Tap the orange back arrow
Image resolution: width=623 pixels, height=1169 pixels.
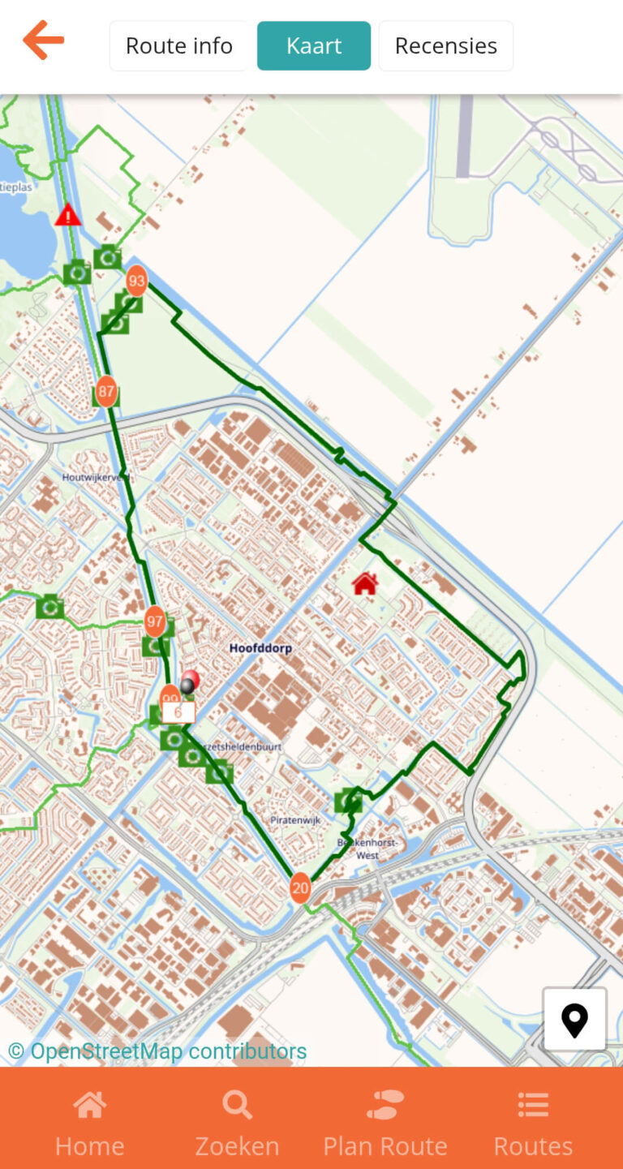tap(43, 40)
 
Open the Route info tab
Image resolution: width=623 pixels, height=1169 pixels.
tap(179, 45)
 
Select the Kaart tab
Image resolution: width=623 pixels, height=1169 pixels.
tap(314, 45)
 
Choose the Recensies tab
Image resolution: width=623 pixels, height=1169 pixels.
tap(445, 45)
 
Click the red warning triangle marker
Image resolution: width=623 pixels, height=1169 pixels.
tap(68, 215)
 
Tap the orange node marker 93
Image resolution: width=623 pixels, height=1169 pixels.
tap(136, 281)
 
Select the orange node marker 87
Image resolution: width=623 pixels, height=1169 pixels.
tap(106, 391)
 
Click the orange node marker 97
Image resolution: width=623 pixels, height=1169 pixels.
tap(155, 621)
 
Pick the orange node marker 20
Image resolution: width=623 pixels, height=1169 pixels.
tap(300, 887)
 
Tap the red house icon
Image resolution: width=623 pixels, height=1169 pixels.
tap(365, 582)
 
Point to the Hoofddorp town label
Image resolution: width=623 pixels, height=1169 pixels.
tap(260, 648)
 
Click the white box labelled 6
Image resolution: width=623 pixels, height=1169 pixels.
tap(178, 712)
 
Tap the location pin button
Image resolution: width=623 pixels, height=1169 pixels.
tap(574, 1020)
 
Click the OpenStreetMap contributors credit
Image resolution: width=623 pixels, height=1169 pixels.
tap(157, 1051)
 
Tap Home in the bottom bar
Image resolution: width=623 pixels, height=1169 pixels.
tap(89, 1124)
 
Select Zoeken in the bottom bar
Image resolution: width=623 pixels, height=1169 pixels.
tap(237, 1124)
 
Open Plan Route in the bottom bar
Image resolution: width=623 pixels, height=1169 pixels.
tap(385, 1124)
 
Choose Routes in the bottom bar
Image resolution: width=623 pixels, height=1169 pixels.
tap(533, 1124)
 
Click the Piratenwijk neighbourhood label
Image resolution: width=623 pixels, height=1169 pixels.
tap(296, 820)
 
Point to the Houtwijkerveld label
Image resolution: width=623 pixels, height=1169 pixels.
tap(97, 478)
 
